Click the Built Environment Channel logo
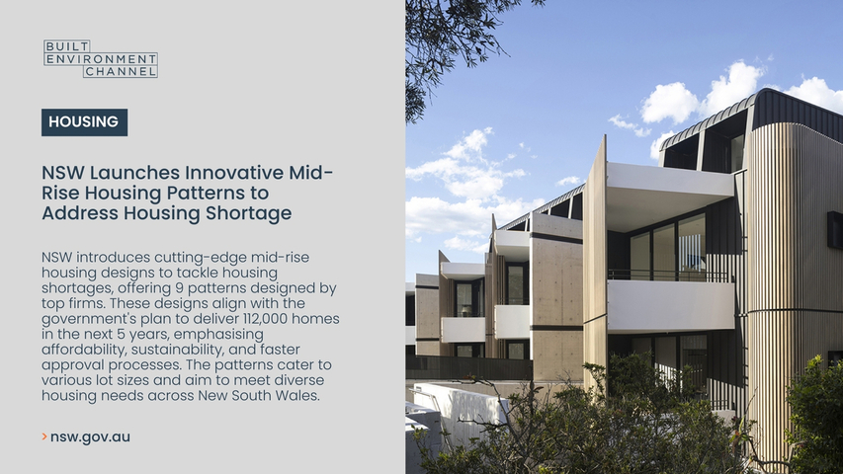point(101,58)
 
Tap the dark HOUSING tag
point(84,122)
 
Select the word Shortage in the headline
point(248,213)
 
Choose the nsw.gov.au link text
point(90,436)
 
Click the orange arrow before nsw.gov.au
point(44,436)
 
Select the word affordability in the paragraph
point(84,350)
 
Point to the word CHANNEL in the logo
point(121,71)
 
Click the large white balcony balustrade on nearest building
point(671,305)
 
